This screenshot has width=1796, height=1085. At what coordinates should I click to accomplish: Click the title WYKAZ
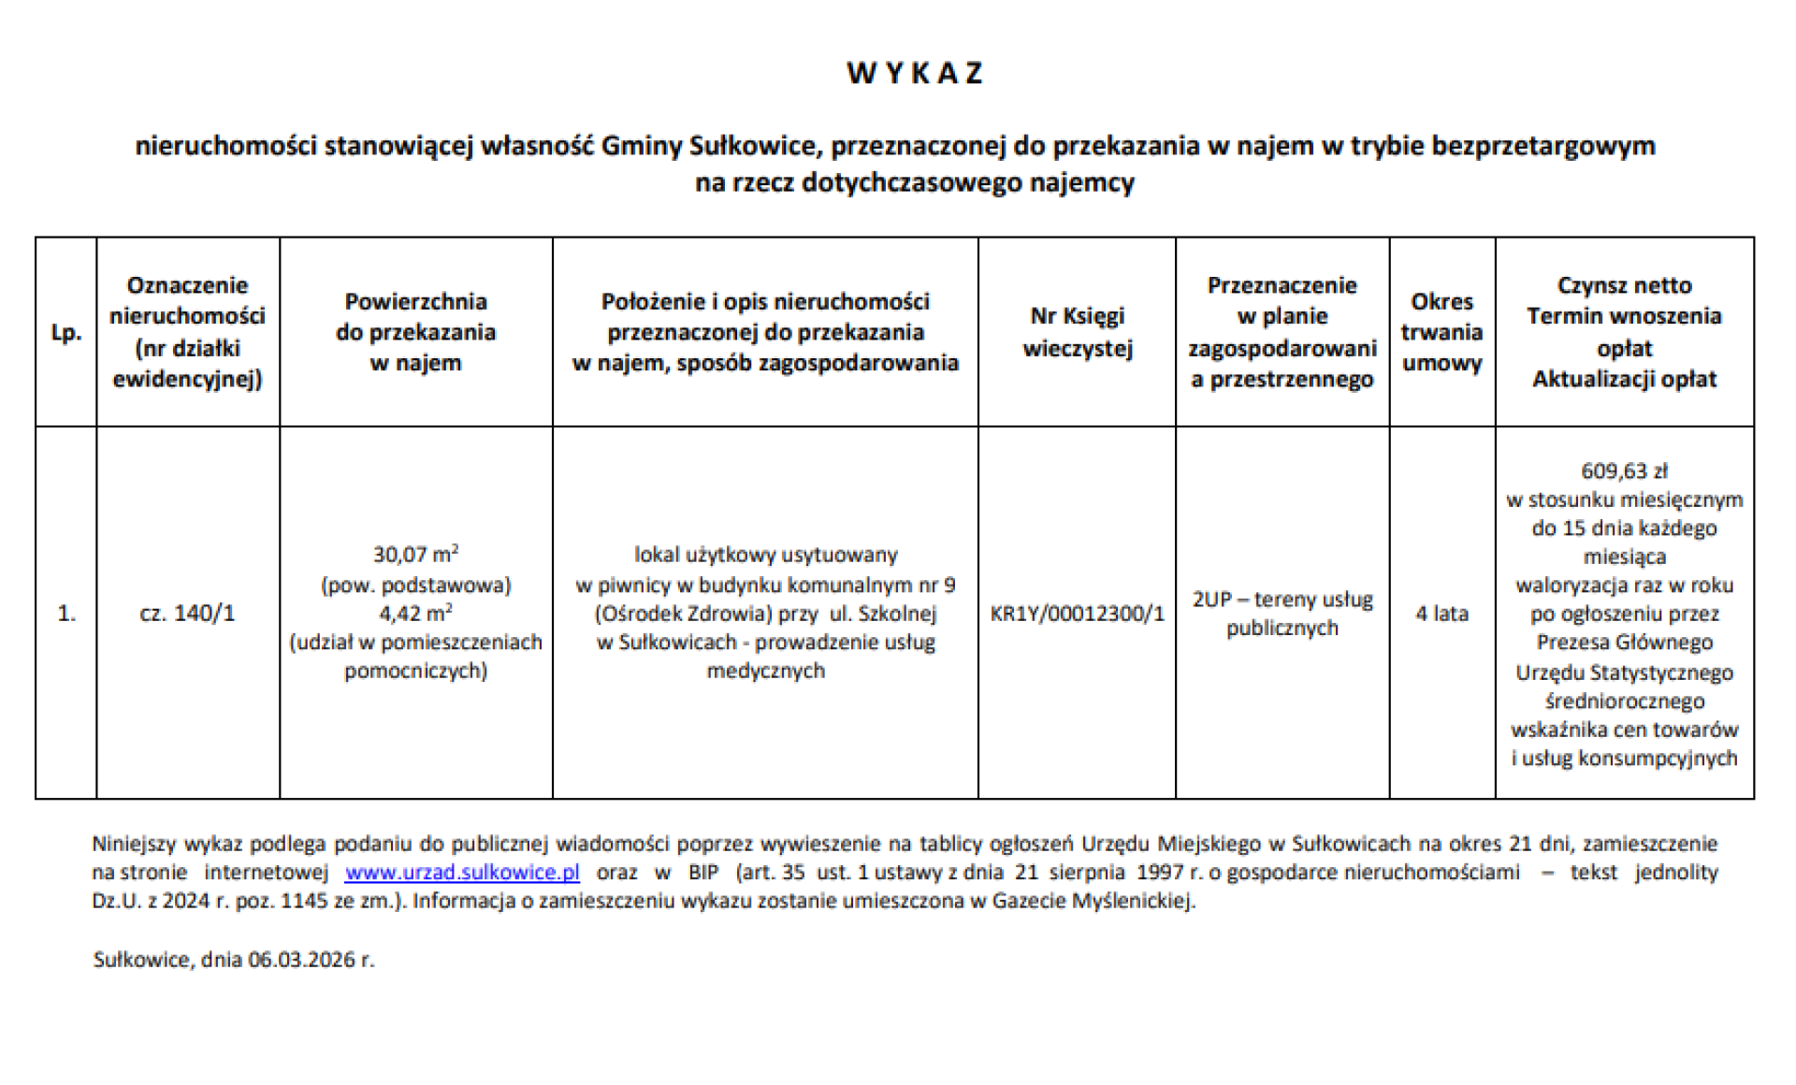[x=914, y=73]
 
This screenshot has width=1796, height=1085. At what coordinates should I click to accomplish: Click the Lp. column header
[x=65, y=332]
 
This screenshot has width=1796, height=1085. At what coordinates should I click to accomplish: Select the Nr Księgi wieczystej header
[x=1077, y=332]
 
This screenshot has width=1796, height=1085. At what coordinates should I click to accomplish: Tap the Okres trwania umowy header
[x=1441, y=332]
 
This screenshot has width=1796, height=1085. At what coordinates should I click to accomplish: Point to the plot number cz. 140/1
[x=187, y=614]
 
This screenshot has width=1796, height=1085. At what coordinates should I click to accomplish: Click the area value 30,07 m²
[x=415, y=555]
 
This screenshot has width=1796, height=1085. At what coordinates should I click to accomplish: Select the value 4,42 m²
[x=415, y=614]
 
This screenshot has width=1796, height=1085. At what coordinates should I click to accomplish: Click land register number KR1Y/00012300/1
[x=1077, y=614]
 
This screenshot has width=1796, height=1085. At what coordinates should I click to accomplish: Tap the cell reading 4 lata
[x=1441, y=614]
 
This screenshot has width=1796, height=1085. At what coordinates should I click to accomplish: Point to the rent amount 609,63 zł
[x=1624, y=470]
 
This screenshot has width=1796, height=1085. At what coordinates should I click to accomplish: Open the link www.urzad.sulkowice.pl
[x=462, y=873]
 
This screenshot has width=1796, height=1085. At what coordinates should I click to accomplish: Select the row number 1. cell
[x=65, y=614]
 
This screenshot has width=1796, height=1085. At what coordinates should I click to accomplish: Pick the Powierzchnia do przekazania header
[x=415, y=332]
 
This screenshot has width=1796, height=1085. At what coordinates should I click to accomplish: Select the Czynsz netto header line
[x=1624, y=285]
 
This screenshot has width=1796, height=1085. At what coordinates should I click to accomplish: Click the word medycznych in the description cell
[x=765, y=671]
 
